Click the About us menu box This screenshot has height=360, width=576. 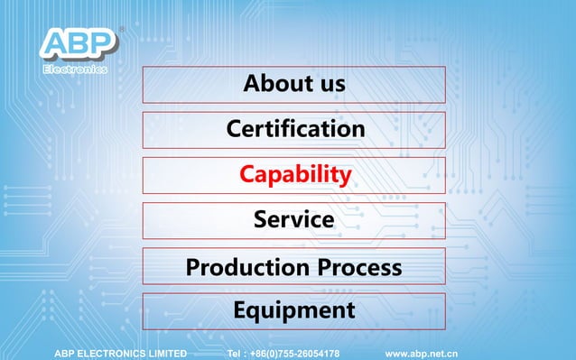tap(293, 84)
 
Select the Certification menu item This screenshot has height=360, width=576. tap(293, 129)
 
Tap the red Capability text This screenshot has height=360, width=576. tap(294, 174)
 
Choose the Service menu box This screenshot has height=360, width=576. tap(293, 219)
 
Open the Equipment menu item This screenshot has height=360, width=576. tap(293, 310)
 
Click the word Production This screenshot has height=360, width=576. tap(243, 267)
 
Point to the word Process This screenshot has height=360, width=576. tap(358, 267)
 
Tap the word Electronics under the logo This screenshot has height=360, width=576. tap(76, 69)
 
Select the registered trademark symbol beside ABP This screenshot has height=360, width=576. tap(122, 28)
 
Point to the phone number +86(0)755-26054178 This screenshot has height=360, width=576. tap(293, 354)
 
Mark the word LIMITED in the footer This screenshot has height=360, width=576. tap(163, 354)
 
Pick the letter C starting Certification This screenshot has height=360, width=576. tap(234, 129)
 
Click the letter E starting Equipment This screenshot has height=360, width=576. tap(240, 310)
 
